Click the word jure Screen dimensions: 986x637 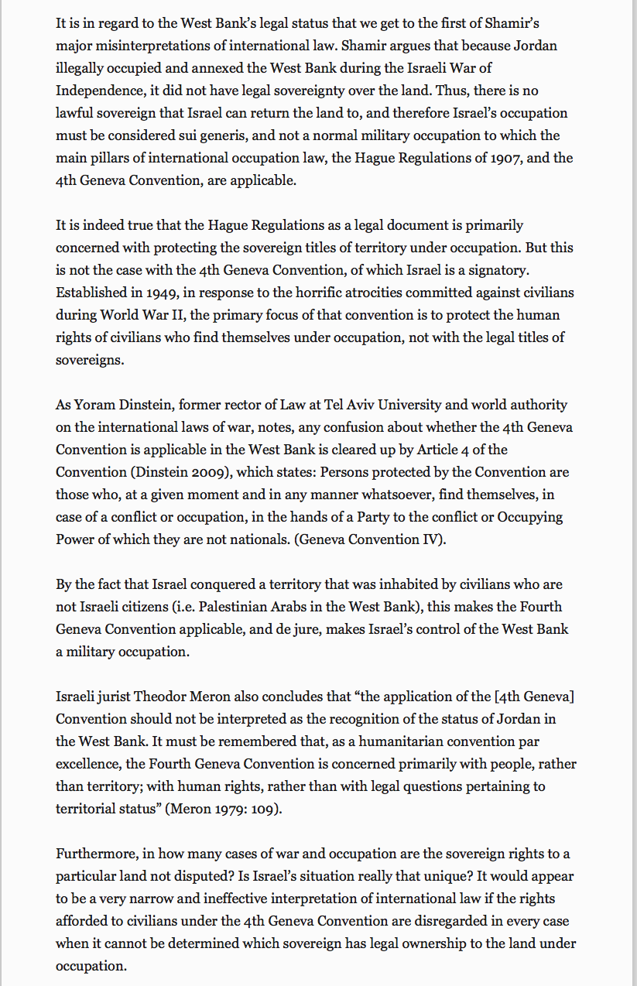point(300,629)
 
